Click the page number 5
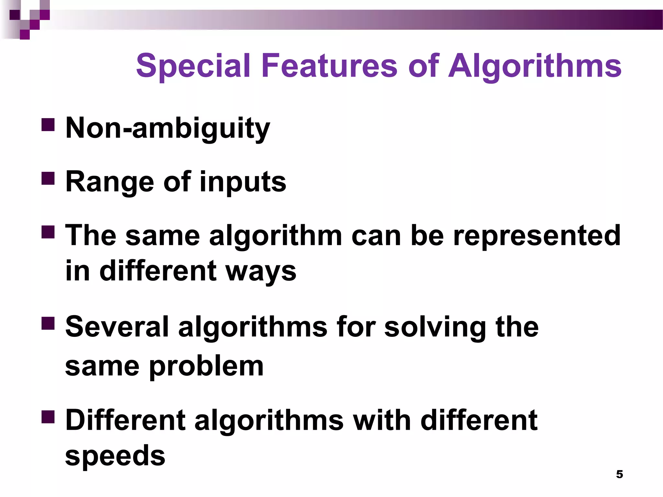pos(619,474)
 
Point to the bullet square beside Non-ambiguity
pos(48,124)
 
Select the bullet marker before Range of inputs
pos(48,178)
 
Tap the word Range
pos(110,182)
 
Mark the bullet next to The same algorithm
pos(48,232)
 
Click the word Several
pos(117,327)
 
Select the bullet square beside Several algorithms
pos(48,323)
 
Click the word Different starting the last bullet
pos(126,420)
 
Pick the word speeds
pos(115,456)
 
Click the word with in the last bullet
pos(382,420)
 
